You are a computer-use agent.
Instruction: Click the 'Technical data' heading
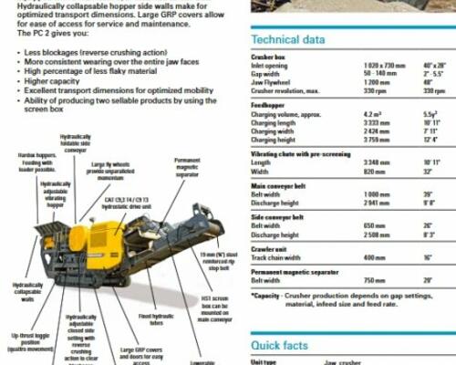coord(287,40)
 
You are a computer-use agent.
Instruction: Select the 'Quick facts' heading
coord(282,345)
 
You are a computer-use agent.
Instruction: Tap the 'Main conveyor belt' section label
coord(279,185)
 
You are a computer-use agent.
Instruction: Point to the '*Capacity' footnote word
coord(266,297)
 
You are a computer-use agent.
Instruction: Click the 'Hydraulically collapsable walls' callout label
coord(26,294)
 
